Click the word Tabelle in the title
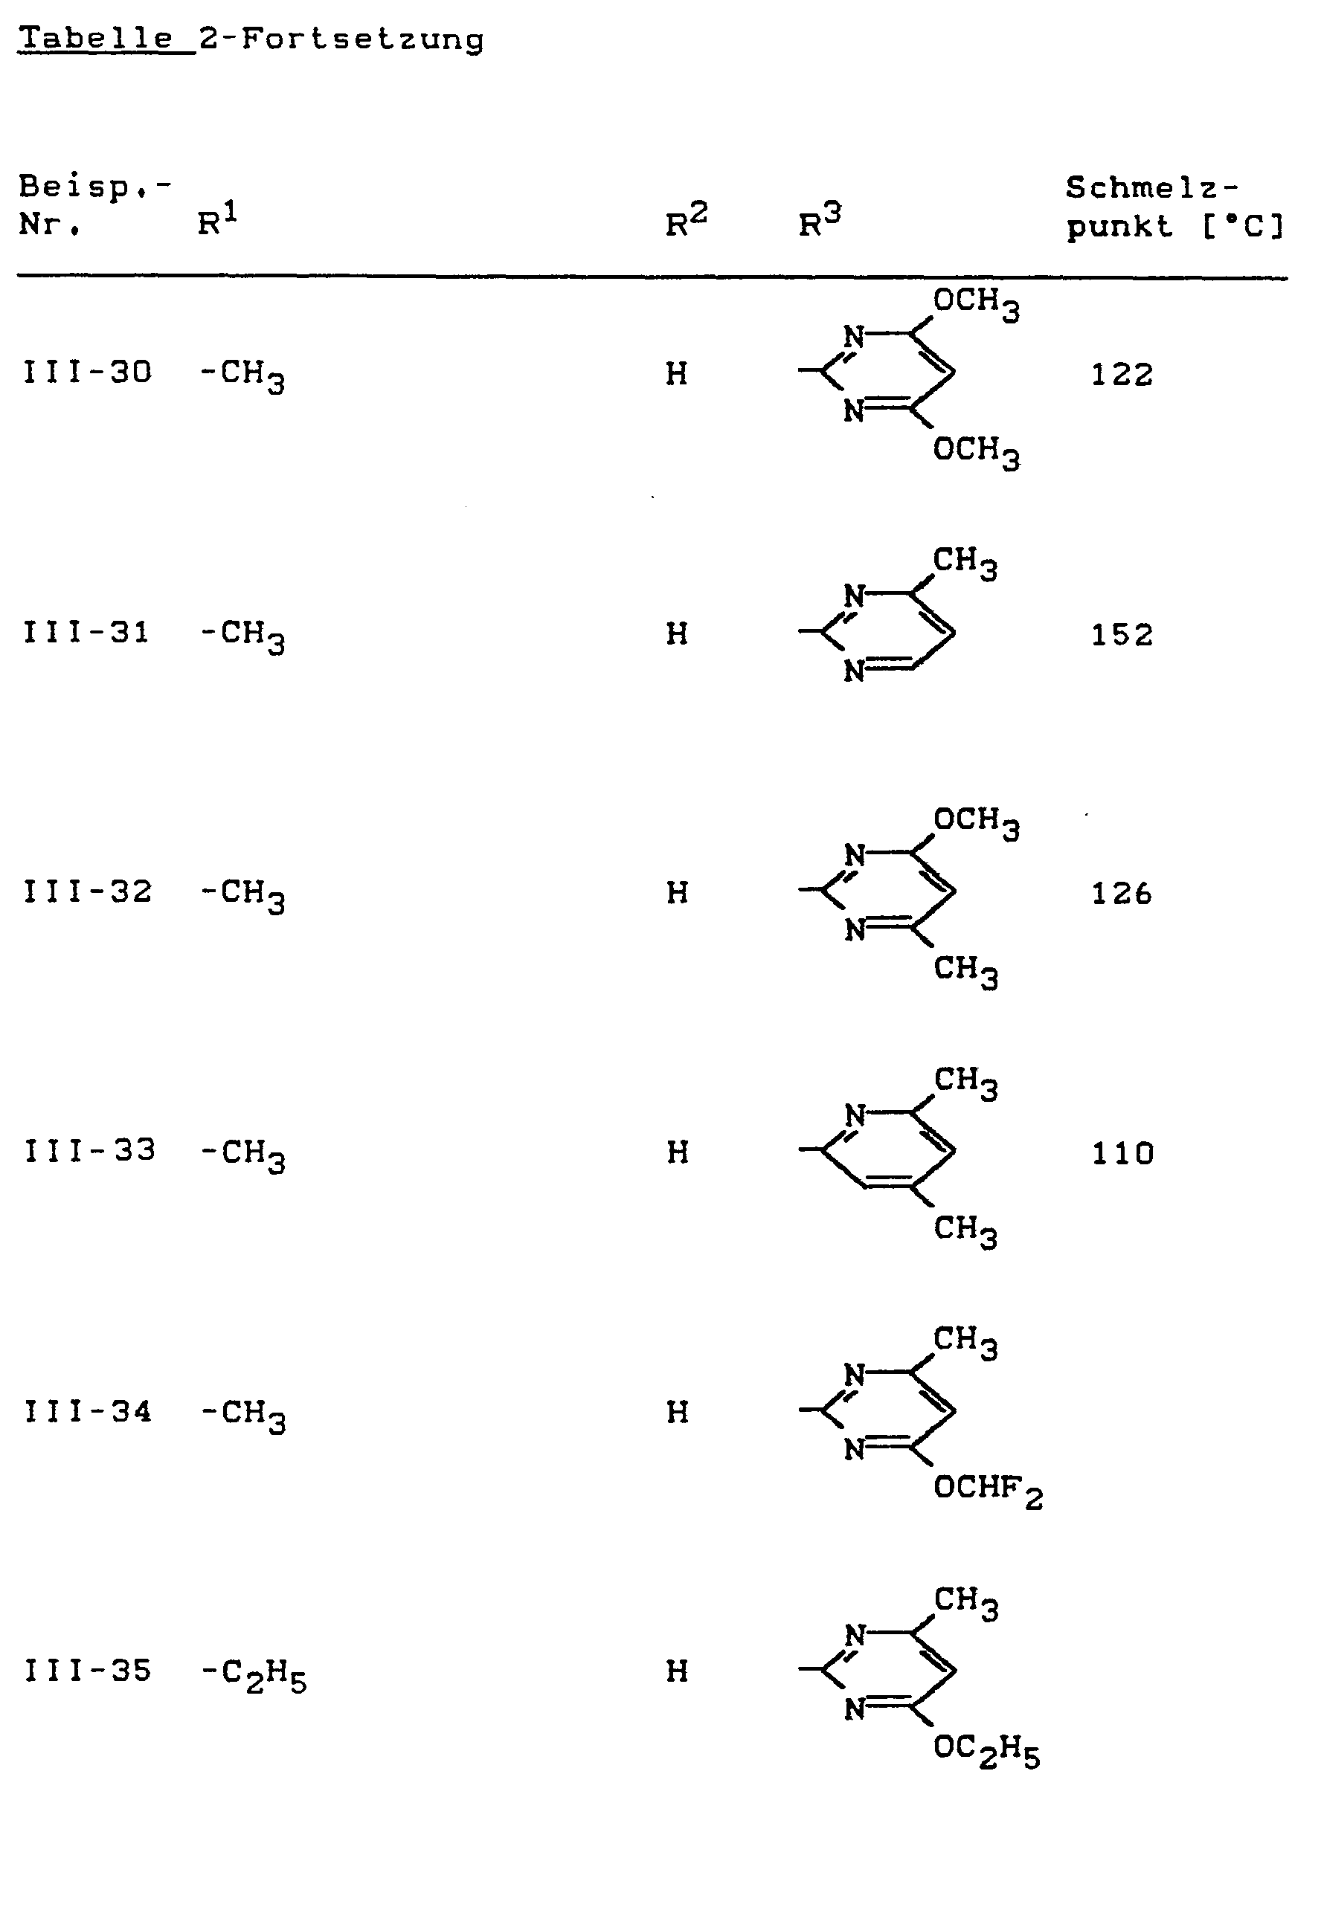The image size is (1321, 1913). pyautogui.click(x=97, y=38)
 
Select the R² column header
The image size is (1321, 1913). pyautogui.click(x=685, y=222)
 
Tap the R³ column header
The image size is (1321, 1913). pyautogui.click(x=819, y=222)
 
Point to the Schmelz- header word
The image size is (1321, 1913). pyautogui.click(x=1151, y=189)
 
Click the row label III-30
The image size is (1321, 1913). pyautogui.click(x=87, y=372)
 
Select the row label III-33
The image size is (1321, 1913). pyautogui.click(x=89, y=1151)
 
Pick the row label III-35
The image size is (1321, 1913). pyautogui.click(x=87, y=1671)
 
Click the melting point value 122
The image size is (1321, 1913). pyautogui.click(x=1122, y=375)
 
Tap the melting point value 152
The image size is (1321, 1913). pyautogui.click(x=1122, y=635)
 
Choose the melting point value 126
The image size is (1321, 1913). pyautogui.click(x=1122, y=894)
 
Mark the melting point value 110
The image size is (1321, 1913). pyautogui.click(x=1122, y=1153)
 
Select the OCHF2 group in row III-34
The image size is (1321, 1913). pyautogui.click(x=988, y=1490)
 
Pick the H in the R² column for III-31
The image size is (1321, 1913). pyautogui.click(x=677, y=633)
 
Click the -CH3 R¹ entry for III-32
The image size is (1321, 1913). pyautogui.click(x=242, y=894)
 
